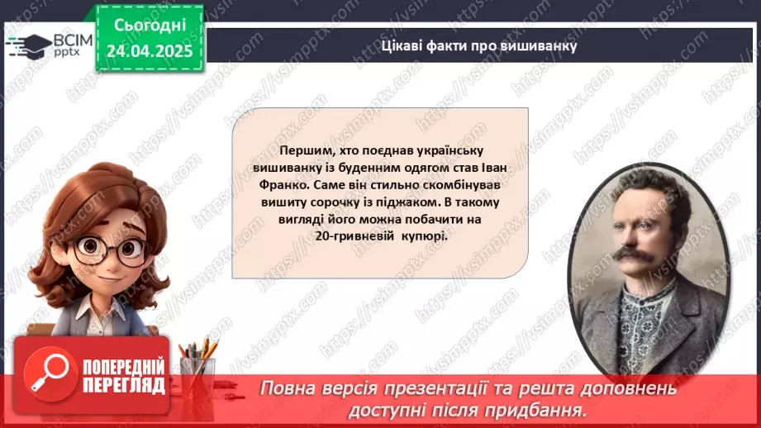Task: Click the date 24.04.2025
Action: click(150, 51)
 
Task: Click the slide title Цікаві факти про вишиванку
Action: click(478, 45)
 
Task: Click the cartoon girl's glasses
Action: click(107, 250)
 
